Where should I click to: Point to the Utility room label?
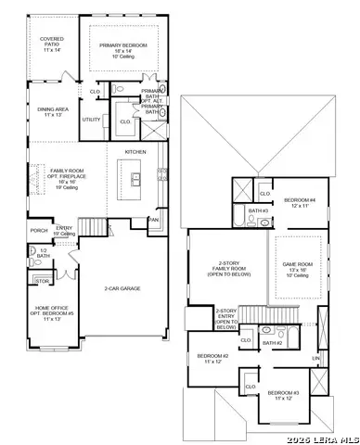click(x=91, y=120)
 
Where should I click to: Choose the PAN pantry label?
click(x=154, y=220)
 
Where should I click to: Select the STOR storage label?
click(x=41, y=279)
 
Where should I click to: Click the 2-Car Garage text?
click(x=123, y=288)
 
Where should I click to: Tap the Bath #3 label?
click(x=258, y=211)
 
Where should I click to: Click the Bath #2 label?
click(x=271, y=343)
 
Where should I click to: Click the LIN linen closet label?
click(x=315, y=358)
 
